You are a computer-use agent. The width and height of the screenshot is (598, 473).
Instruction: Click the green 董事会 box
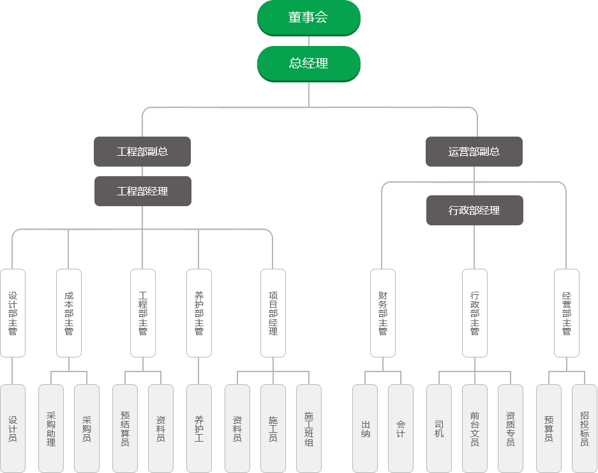[309, 17]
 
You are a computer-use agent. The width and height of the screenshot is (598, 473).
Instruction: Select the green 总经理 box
[309, 63]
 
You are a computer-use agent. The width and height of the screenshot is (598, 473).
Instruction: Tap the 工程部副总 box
[142, 151]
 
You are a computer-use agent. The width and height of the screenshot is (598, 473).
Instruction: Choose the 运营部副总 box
[474, 151]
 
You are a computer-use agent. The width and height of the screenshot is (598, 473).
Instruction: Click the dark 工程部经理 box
[142, 191]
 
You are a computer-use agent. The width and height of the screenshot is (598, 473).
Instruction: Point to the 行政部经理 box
[474, 210]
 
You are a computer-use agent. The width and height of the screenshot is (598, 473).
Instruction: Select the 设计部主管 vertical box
[13, 313]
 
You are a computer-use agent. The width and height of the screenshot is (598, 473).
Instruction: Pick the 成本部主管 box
[69, 313]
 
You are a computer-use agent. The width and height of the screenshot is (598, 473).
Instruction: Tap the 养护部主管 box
[199, 313]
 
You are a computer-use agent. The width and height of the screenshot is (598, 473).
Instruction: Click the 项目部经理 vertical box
[273, 313]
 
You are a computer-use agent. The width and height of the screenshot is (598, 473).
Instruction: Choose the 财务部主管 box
[383, 313]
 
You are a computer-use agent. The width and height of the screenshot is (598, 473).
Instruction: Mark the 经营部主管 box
[567, 313]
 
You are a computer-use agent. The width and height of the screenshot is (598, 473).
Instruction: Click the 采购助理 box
[51, 428]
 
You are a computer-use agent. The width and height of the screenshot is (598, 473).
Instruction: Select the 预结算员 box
[125, 428]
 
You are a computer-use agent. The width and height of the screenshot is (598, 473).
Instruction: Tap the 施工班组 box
[309, 428]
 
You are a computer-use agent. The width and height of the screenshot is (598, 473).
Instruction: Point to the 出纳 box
[365, 428]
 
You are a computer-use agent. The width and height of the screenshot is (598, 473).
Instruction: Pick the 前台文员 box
[475, 428]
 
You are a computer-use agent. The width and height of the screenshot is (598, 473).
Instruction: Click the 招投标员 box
[585, 428]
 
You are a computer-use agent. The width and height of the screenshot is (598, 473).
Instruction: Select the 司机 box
[439, 428]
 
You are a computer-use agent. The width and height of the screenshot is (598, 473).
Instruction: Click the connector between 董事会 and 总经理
[309, 41]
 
